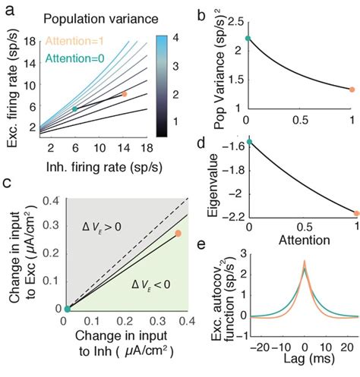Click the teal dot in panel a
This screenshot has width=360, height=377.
[74, 109]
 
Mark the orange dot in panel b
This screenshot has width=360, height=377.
[352, 90]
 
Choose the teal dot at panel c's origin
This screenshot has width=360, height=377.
[67, 308]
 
